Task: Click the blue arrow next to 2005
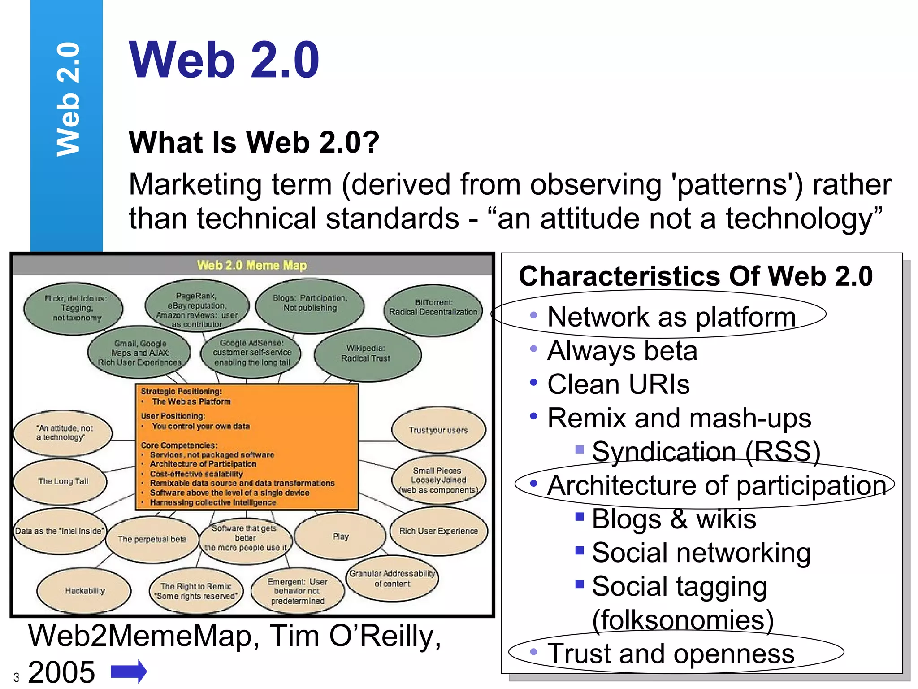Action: [129, 671]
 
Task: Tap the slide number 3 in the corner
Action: [16, 677]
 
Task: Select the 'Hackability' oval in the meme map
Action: [84, 591]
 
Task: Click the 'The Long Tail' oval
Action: [62, 481]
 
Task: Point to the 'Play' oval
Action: [340, 536]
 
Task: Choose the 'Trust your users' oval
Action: [438, 430]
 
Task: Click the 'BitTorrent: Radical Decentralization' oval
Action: [433, 308]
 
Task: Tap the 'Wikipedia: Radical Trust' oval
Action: [366, 353]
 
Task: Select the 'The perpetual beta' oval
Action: [152, 539]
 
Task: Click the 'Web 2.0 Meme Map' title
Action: [252, 265]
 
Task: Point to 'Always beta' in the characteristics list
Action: [622, 351]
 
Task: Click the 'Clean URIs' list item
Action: [618, 384]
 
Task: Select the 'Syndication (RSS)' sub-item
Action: [706, 451]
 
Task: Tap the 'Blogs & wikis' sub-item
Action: [674, 519]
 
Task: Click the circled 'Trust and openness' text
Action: [671, 654]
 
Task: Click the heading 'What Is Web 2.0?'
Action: [254, 142]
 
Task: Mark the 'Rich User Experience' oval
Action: [438, 531]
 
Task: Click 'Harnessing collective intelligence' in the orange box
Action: [213, 502]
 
